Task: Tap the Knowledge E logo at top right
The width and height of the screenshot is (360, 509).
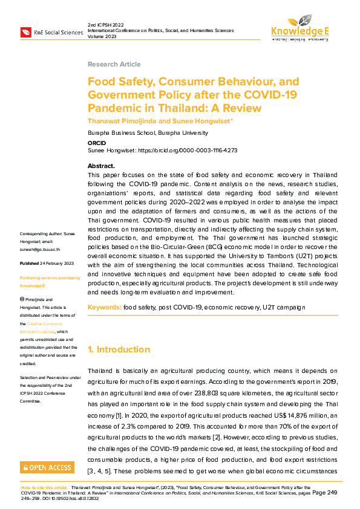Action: click(x=299, y=27)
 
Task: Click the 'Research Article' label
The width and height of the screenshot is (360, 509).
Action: click(x=114, y=64)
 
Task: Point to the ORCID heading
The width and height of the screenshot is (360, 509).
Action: click(x=97, y=143)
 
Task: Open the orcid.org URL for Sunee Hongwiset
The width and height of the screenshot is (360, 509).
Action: click(x=188, y=150)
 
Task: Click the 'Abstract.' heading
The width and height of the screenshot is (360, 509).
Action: click(x=101, y=166)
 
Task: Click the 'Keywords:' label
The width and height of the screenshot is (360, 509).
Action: click(x=105, y=308)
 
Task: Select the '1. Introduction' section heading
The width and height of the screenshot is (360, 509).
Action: click(x=119, y=349)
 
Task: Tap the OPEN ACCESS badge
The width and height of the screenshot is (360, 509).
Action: click(x=47, y=467)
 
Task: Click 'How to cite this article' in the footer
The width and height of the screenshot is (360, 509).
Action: click(x=44, y=487)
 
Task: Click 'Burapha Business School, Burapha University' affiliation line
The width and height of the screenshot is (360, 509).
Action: click(x=148, y=133)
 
